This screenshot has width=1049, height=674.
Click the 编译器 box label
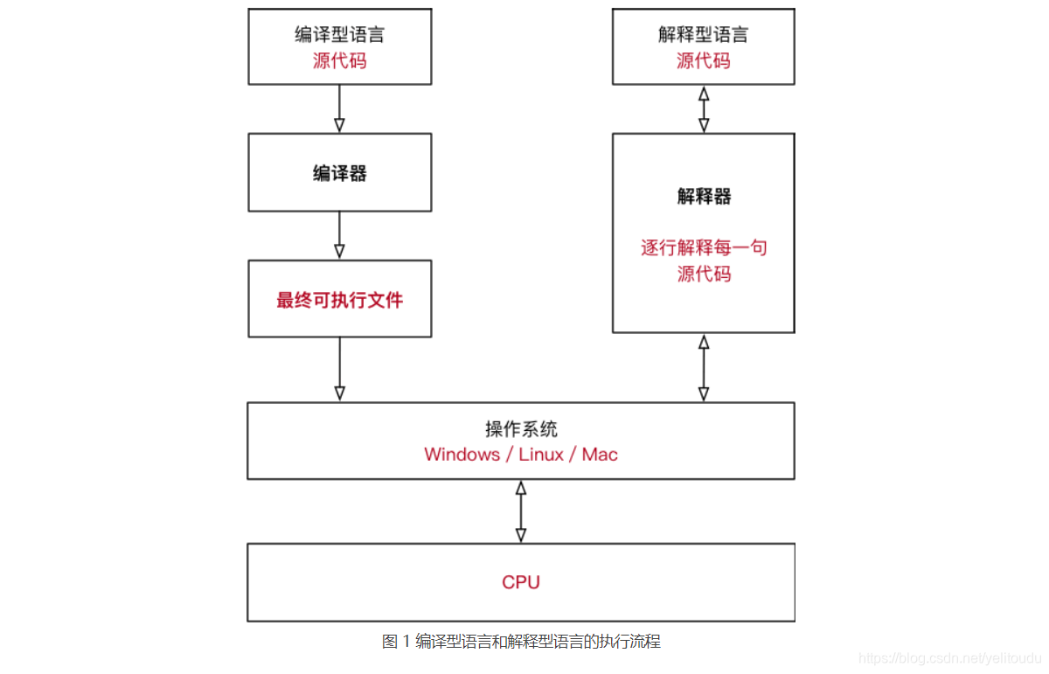(x=339, y=173)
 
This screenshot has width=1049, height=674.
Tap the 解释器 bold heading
(x=704, y=197)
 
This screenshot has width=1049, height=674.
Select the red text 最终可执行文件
(x=339, y=300)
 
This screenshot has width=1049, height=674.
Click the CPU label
(x=520, y=582)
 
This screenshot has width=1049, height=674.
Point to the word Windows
(x=462, y=455)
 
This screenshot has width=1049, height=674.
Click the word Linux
(x=541, y=455)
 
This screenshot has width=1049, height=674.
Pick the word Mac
(x=600, y=455)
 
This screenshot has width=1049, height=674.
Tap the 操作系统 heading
(x=521, y=429)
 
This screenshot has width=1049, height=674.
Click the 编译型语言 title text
(x=339, y=35)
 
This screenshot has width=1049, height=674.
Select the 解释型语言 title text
(x=704, y=35)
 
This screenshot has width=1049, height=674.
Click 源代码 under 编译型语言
(x=339, y=61)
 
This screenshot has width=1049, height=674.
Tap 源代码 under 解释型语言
(x=704, y=61)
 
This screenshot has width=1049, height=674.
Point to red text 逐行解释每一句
(x=704, y=247)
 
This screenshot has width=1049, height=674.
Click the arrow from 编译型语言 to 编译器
(x=339, y=108)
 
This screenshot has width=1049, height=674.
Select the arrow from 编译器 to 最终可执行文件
(x=339, y=235)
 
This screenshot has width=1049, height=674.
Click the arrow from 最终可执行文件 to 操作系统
(x=339, y=369)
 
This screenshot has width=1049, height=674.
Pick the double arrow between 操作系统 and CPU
(x=521, y=511)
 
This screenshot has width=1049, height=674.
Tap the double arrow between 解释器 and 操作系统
(x=704, y=368)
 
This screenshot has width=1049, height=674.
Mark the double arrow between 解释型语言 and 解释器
(x=704, y=108)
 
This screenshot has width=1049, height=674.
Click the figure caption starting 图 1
(x=521, y=642)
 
